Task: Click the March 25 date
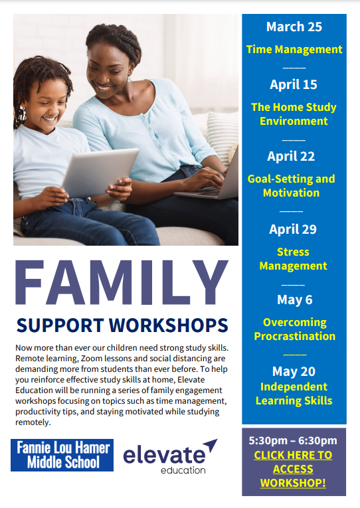tap(294, 27)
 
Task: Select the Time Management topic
tap(294, 49)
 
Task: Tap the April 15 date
tap(294, 84)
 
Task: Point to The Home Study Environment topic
tap(294, 114)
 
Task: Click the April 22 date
tap(291, 156)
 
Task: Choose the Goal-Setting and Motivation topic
tap(291, 186)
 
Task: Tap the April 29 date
tap(293, 229)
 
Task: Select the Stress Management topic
tap(293, 259)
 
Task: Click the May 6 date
tap(294, 299)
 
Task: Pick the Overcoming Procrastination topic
tap(294, 329)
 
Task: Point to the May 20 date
tap(294, 371)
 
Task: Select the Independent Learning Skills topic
tap(294, 394)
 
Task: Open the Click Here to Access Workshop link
tap(293, 469)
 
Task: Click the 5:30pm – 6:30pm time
tap(293, 441)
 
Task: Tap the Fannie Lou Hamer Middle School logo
tap(62, 455)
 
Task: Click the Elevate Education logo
tap(170, 456)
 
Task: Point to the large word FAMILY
tap(122, 282)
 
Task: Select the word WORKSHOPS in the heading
tap(169, 325)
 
